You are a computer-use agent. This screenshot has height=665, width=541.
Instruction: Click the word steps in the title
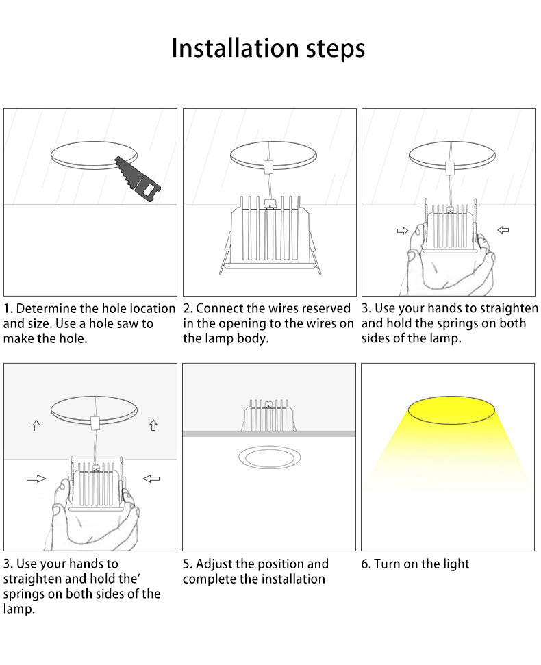[x=336, y=49]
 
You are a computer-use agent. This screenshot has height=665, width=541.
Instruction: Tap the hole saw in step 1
[x=138, y=179]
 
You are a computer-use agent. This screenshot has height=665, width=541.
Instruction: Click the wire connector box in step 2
[x=268, y=167]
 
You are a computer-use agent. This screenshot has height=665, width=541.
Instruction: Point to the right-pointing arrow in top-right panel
[x=403, y=230]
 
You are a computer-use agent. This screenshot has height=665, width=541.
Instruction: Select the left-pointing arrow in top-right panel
[x=503, y=230]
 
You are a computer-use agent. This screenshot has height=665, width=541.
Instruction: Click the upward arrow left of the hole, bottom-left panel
[x=36, y=425]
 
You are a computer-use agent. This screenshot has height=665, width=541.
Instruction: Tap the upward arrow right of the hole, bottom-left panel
[x=153, y=425]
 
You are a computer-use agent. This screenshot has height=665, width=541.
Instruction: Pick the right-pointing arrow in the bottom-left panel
[x=36, y=479]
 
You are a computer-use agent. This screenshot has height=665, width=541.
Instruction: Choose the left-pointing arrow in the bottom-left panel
[x=151, y=479]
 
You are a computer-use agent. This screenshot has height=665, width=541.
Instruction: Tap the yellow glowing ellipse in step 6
[x=451, y=410]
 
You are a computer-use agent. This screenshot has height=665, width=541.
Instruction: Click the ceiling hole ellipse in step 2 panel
[x=273, y=155]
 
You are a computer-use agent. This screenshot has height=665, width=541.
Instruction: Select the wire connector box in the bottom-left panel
[x=95, y=422]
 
